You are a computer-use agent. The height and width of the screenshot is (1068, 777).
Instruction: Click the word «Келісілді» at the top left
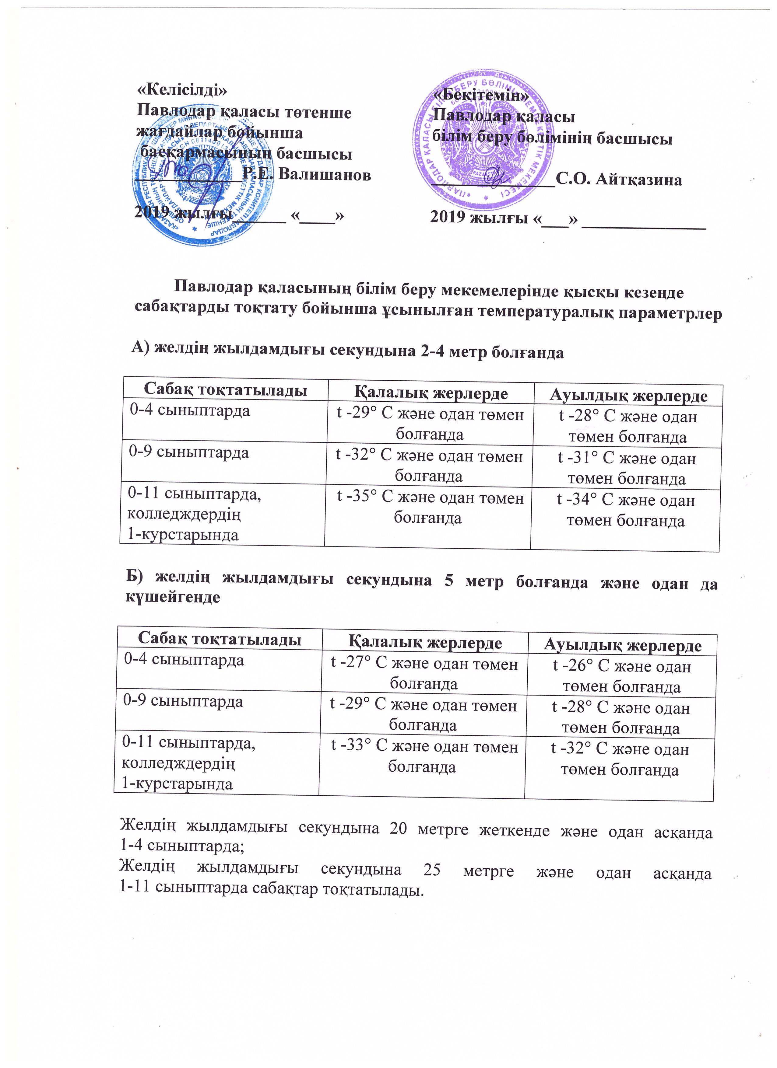(182, 89)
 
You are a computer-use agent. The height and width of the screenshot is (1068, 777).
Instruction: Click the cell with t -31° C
(627, 468)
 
